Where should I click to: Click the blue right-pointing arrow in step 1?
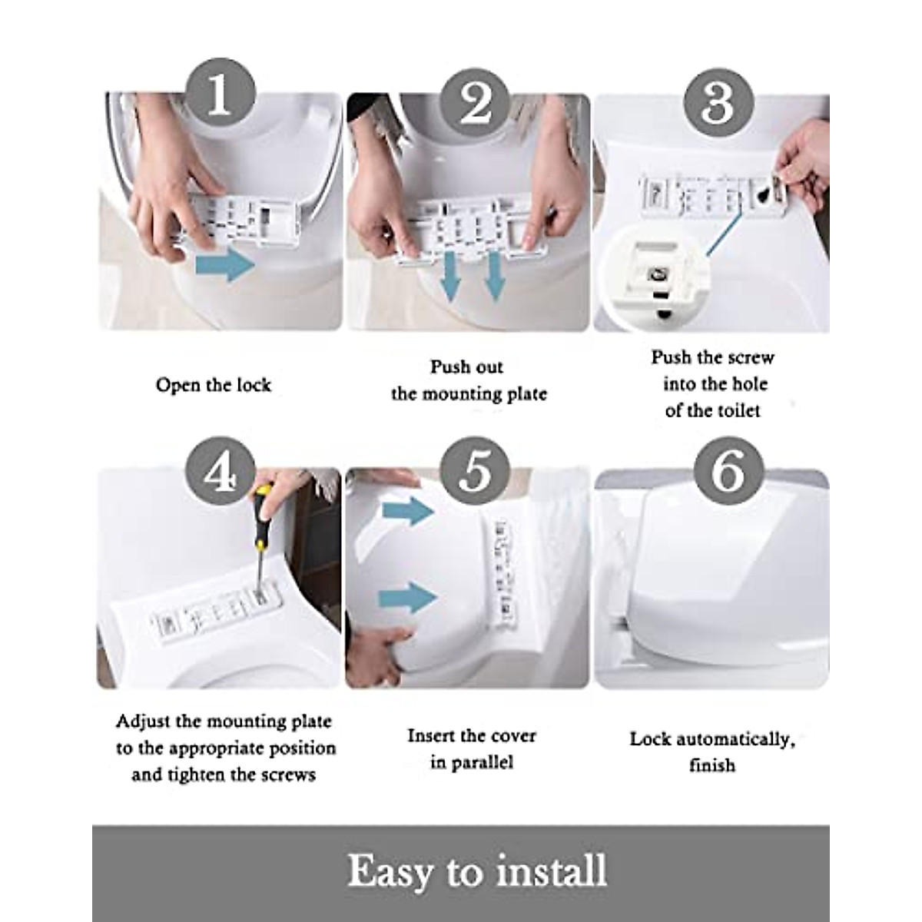tap(225, 267)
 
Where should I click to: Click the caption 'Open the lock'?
tap(214, 385)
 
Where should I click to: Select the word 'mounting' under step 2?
tap(461, 394)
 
